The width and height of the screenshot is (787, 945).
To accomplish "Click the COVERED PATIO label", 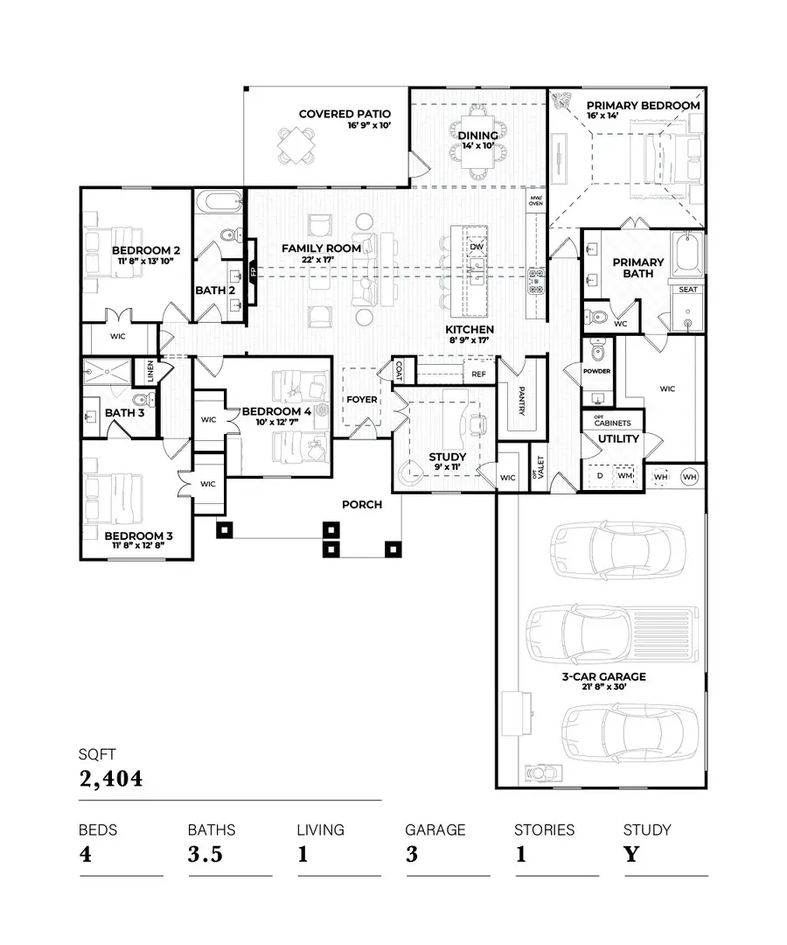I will pos(345,114).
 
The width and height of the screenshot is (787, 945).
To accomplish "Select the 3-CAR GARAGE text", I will pos(604,676).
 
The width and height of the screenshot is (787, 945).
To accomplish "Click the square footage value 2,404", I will pos(110,778).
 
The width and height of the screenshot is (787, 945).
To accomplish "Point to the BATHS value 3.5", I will pos(206,854).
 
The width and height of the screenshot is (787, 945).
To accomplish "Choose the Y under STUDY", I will pos(631,854).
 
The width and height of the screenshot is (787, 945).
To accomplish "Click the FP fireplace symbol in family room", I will pos(253,271).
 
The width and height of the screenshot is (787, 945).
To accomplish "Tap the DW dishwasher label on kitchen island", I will pos(477,248).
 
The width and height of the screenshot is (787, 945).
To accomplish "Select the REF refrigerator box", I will pos(478,374).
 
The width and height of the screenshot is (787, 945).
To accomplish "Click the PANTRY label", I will pos(521,400).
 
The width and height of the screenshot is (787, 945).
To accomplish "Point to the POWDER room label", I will pos(597,371).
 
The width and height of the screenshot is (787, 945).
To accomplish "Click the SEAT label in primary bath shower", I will pos(688,290).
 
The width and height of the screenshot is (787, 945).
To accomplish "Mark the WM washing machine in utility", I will pos(624,476).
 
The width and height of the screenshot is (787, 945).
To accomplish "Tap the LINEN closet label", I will pos(150,373).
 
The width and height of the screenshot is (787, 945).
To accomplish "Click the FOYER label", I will pos(362,400).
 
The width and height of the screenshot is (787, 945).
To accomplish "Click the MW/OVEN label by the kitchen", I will pos(536,203).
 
